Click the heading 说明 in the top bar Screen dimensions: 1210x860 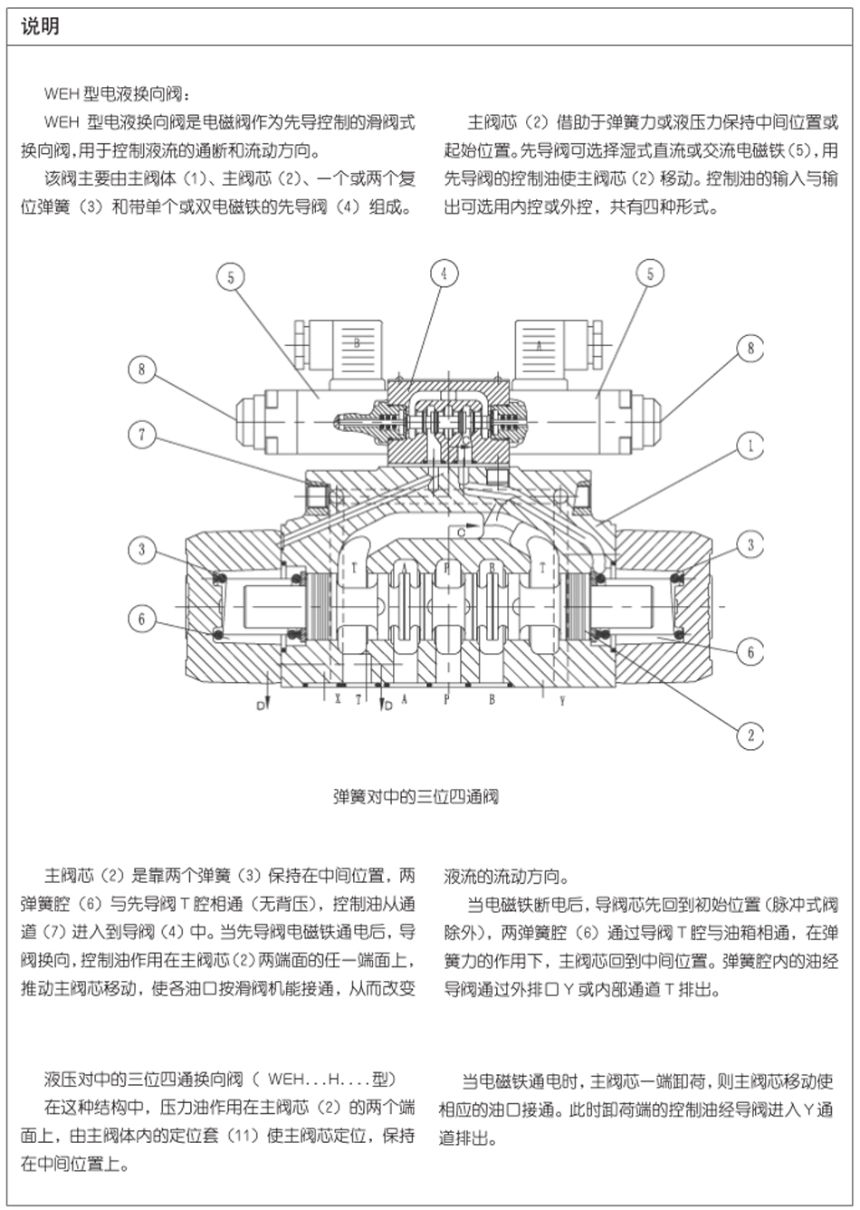(x=40, y=26)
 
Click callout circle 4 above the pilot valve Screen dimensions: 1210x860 (x=444, y=273)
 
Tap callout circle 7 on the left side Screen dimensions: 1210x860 (x=142, y=435)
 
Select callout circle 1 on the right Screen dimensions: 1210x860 (x=750, y=445)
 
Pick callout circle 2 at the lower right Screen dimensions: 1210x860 (x=750, y=735)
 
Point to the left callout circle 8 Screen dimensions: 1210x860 (x=142, y=370)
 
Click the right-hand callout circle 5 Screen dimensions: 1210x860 (x=649, y=273)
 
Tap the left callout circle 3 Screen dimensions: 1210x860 (x=142, y=549)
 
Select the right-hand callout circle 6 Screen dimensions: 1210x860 (x=750, y=651)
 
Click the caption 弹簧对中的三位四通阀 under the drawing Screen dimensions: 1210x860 (x=416, y=797)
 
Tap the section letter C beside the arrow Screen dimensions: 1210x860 (x=462, y=533)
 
